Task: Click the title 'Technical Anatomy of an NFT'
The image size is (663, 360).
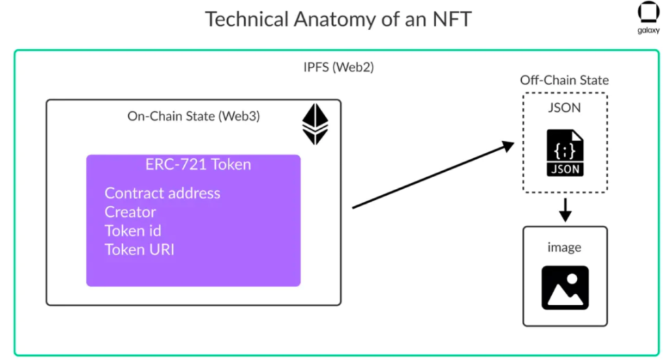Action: (x=338, y=18)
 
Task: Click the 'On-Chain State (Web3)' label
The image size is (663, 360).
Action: (x=194, y=116)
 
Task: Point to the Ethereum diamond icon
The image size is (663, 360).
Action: (x=315, y=125)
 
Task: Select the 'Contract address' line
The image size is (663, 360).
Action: (x=162, y=193)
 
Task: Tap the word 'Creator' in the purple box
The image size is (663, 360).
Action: (x=130, y=212)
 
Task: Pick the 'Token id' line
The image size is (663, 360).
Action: (x=132, y=230)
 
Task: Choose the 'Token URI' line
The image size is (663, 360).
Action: (x=139, y=250)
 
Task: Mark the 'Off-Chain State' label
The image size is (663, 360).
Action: (x=564, y=80)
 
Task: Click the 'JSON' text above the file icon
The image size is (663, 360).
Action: (x=564, y=108)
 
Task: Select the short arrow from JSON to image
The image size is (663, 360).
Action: (x=565, y=211)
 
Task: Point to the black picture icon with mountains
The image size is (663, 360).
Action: (x=565, y=288)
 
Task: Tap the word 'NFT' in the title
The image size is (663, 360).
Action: (x=448, y=18)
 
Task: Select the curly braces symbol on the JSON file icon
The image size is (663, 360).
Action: (x=565, y=147)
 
